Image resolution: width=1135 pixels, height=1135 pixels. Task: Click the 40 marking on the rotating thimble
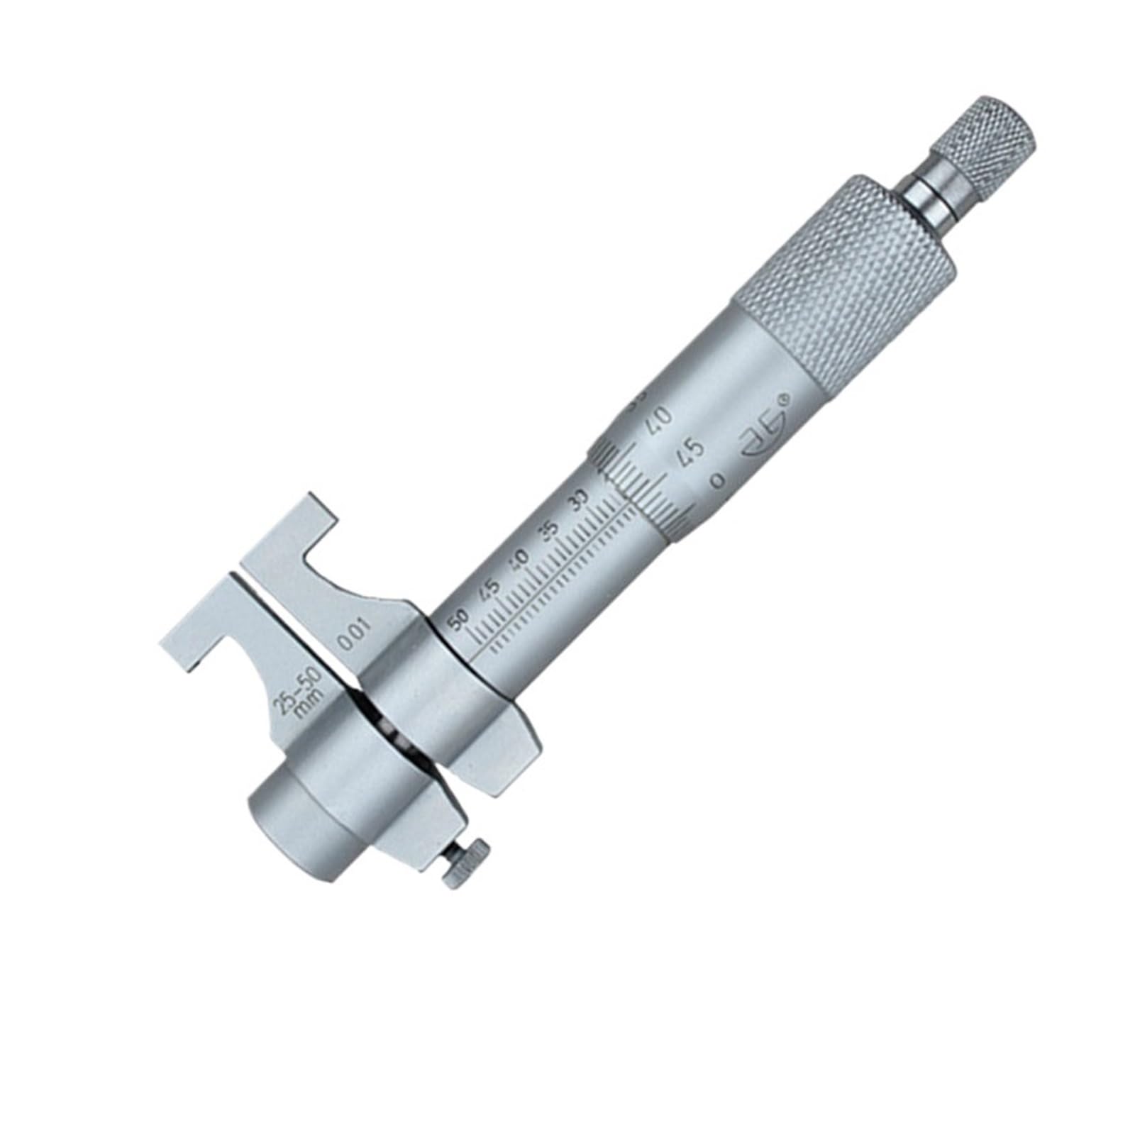point(660,420)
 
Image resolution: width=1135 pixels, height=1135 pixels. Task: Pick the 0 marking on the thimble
point(718,481)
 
